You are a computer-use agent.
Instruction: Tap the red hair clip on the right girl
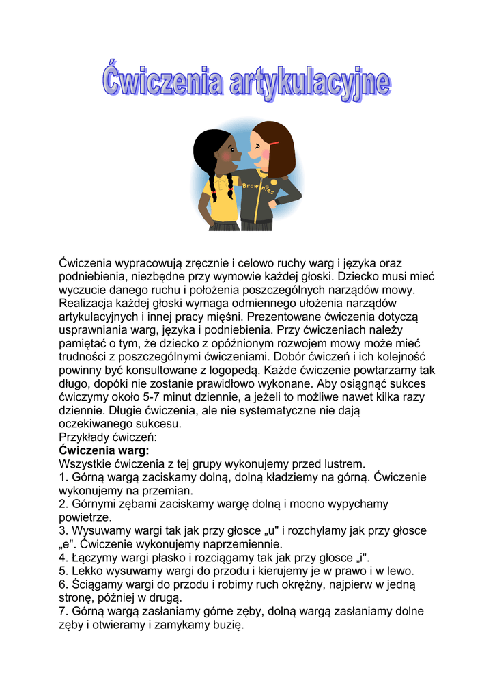pyautogui.click(x=274, y=144)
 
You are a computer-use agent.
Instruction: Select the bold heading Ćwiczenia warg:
pyautogui.click(x=104, y=450)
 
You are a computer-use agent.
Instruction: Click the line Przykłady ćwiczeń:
pyautogui.click(x=109, y=437)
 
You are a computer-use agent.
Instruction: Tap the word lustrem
pyautogui.click(x=345, y=464)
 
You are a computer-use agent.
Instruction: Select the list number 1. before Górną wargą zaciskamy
pyautogui.click(x=64, y=478)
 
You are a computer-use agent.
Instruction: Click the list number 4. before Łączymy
pyautogui.click(x=64, y=558)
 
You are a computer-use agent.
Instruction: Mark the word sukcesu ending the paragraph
pyautogui.click(x=158, y=424)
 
